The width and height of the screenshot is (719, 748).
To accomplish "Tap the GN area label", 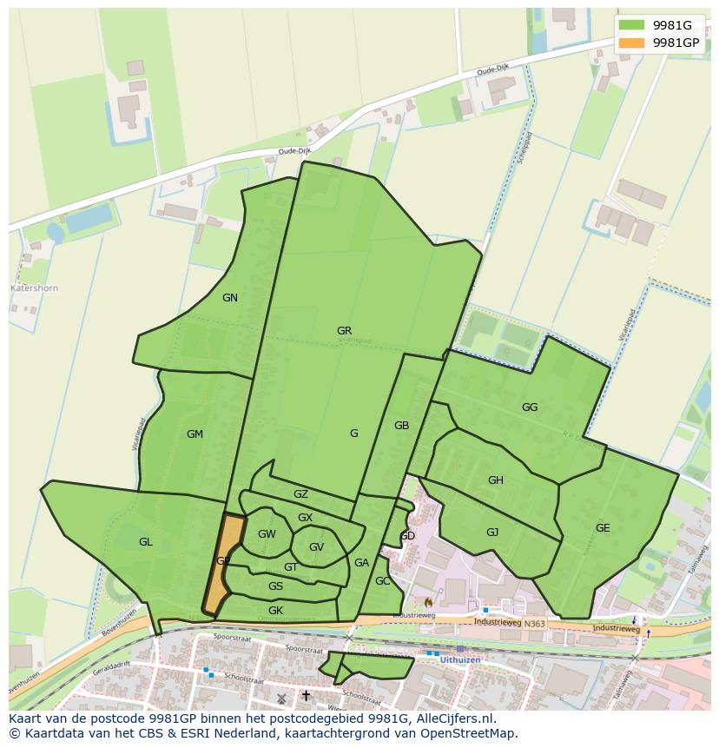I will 229,298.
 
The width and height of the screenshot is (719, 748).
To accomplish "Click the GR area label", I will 344,331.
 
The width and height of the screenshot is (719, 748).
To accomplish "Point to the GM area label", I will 195,434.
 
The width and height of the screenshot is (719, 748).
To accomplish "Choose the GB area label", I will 401,426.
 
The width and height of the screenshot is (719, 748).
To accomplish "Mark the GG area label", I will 530,407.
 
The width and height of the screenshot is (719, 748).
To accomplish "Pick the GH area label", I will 495,480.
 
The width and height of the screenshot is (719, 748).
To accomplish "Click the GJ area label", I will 492,533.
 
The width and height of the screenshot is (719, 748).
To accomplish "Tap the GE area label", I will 603,528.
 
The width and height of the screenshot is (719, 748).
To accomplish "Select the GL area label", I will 145,542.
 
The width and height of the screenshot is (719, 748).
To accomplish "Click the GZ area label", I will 300,494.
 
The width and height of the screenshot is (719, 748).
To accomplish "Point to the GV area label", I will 316,547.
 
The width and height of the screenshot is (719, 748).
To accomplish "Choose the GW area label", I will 267,534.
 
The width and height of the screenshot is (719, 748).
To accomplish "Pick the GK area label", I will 275,611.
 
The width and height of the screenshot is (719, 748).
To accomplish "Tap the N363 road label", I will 534,623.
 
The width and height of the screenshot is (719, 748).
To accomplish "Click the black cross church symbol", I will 306,696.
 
